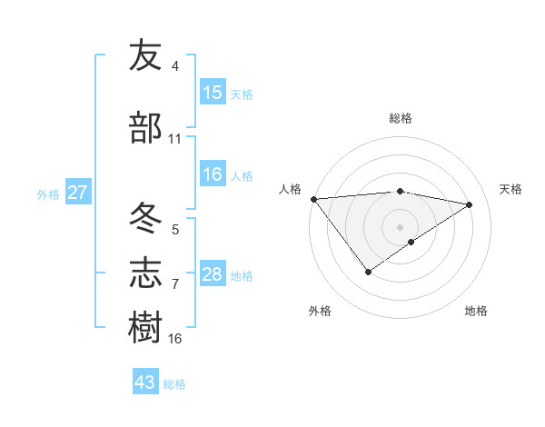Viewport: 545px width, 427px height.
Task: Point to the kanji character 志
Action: click(x=145, y=273)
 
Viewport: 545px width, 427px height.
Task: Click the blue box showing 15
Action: click(x=213, y=92)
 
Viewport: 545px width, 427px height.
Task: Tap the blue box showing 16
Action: click(x=213, y=175)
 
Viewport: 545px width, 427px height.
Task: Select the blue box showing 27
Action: click(x=77, y=193)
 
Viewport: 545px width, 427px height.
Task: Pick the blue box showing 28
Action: click(x=213, y=274)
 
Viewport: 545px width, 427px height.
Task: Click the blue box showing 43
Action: click(x=145, y=382)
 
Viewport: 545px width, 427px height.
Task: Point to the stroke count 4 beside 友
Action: click(x=175, y=66)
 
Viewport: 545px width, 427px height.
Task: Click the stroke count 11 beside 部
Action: click(x=175, y=139)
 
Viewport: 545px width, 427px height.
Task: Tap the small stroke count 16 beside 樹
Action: click(x=175, y=339)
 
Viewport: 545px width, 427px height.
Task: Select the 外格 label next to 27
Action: click(x=48, y=194)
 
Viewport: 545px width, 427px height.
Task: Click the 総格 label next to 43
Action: click(x=174, y=383)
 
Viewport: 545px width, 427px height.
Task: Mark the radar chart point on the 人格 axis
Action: click(x=313, y=199)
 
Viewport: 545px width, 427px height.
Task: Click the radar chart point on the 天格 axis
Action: click(x=470, y=205)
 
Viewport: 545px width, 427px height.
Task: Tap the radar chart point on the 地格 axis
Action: click(x=411, y=242)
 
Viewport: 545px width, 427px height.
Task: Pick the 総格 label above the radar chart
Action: click(x=401, y=118)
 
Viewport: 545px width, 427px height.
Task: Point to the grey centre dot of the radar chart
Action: click(x=400, y=226)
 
